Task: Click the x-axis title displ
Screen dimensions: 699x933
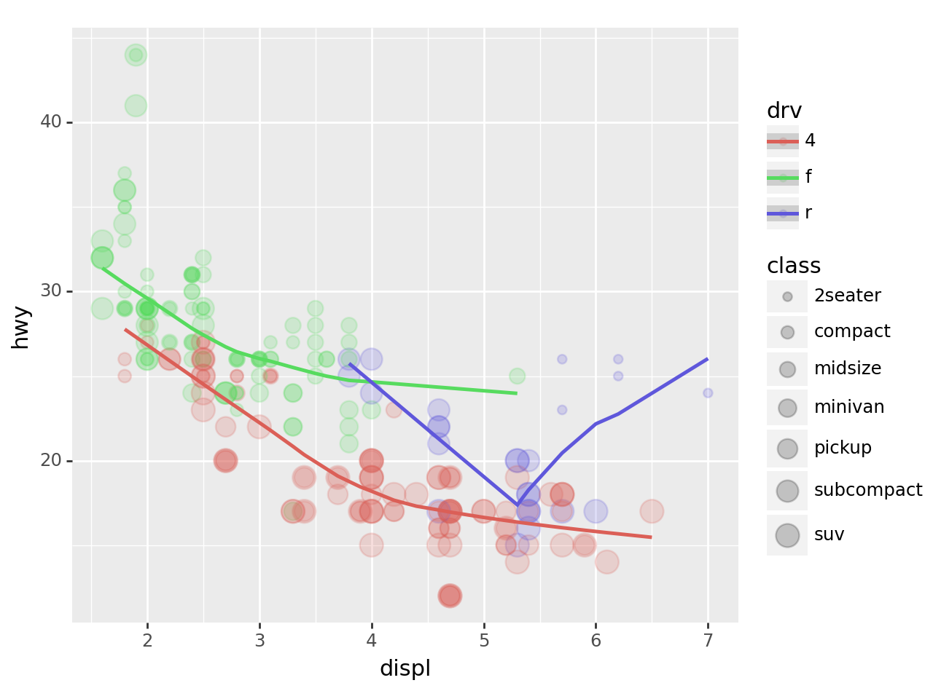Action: coord(405,668)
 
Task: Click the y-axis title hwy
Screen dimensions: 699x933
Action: coord(20,327)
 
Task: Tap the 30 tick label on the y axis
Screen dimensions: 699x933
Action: coord(51,291)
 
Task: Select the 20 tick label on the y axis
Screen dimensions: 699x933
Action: coord(51,461)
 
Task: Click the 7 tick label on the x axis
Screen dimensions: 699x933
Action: coord(708,641)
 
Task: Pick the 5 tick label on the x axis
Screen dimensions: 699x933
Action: coord(484,641)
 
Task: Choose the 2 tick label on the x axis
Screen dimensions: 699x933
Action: coord(147,641)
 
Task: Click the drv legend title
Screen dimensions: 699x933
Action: coord(784,111)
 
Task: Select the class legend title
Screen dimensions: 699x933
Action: coord(794,266)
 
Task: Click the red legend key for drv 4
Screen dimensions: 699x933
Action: coord(783,141)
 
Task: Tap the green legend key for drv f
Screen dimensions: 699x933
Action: coord(783,177)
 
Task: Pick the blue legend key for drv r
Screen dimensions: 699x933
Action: coord(783,213)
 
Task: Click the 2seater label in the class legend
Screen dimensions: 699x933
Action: coord(847,296)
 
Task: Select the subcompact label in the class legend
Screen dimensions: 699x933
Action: coord(867,490)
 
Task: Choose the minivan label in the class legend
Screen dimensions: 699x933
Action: coord(849,407)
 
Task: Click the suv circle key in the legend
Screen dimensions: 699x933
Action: coord(787,535)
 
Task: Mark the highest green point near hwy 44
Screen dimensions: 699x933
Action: coord(136,55)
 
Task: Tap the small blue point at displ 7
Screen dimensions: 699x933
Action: coord(708,393)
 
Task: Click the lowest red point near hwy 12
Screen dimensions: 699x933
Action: coord(450,596)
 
